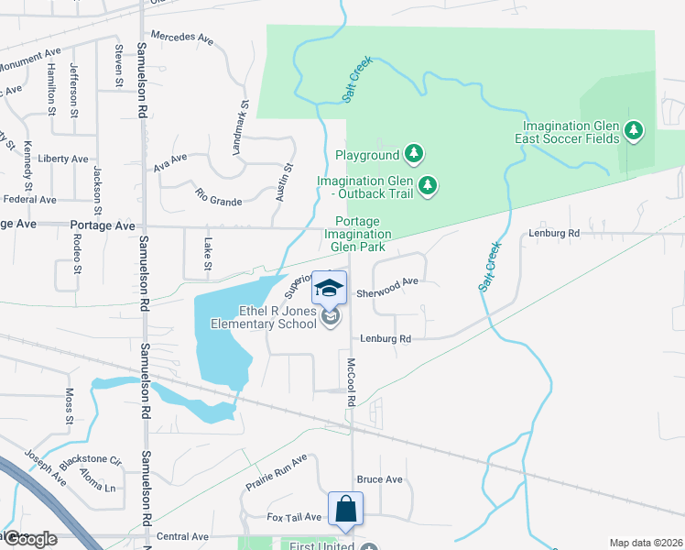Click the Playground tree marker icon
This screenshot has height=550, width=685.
pyautogui.click(x=415, y=155)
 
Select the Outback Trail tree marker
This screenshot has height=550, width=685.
pyautogui.click(x=427, y=187)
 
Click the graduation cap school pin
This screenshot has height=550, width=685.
pyautogui.click(x=330, y=289)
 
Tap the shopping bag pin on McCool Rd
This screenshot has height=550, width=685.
pyautogui.click(x=347, y=509)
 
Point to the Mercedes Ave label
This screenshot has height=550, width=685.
pyautogui.click(x=181, y=40)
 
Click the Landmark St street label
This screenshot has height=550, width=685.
pyautogui.click(x=241, y=126)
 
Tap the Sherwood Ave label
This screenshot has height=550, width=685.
pyautogui.click(x=393, y=282)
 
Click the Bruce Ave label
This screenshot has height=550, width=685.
pyautogui.click(x=379, y=479)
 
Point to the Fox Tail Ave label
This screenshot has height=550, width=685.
pyautogui.click(x=294, y=517)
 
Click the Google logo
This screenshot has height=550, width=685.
pyautogui.click(x=29, y=539)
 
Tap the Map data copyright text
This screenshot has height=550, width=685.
pyautogui.click(x=645, y=543)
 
